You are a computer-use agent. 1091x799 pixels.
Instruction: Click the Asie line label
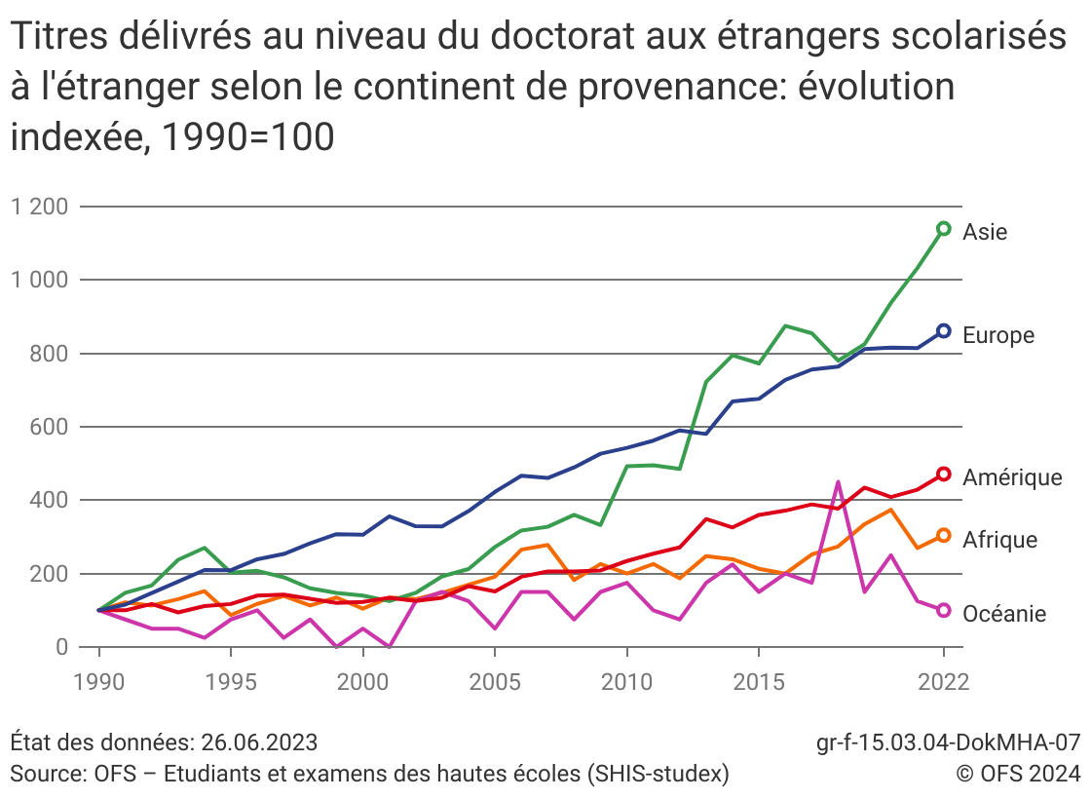(x=985, y=232)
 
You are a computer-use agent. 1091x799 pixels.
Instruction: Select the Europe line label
(x=998, y=335)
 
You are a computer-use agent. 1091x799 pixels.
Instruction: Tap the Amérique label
(x=1012, y=477)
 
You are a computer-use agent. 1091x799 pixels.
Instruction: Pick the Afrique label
(x=1000, y=540)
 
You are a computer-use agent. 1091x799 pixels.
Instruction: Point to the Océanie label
(x=1004, y=614)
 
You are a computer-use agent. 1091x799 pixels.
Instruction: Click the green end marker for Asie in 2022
(x=943, y=229)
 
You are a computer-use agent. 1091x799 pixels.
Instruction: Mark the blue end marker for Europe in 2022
(x=943, y=331)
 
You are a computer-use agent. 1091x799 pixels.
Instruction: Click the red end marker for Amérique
(x=943, y=475)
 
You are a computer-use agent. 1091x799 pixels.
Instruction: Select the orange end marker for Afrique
(x=943, y=535)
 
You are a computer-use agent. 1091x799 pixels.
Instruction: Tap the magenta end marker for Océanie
(x=943, y=610)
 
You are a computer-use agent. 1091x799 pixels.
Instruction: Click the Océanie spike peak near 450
(x=838, y=481)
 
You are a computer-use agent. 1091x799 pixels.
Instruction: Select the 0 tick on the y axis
(x=60, y=647)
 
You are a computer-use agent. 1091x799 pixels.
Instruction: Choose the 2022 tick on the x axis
(x=943, y=680)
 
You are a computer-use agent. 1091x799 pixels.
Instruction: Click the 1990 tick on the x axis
(x=99, y=680)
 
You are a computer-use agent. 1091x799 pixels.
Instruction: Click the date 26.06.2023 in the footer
(x=259, y=742)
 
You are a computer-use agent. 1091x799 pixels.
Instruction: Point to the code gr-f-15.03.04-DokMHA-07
(x=948, y=742)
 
